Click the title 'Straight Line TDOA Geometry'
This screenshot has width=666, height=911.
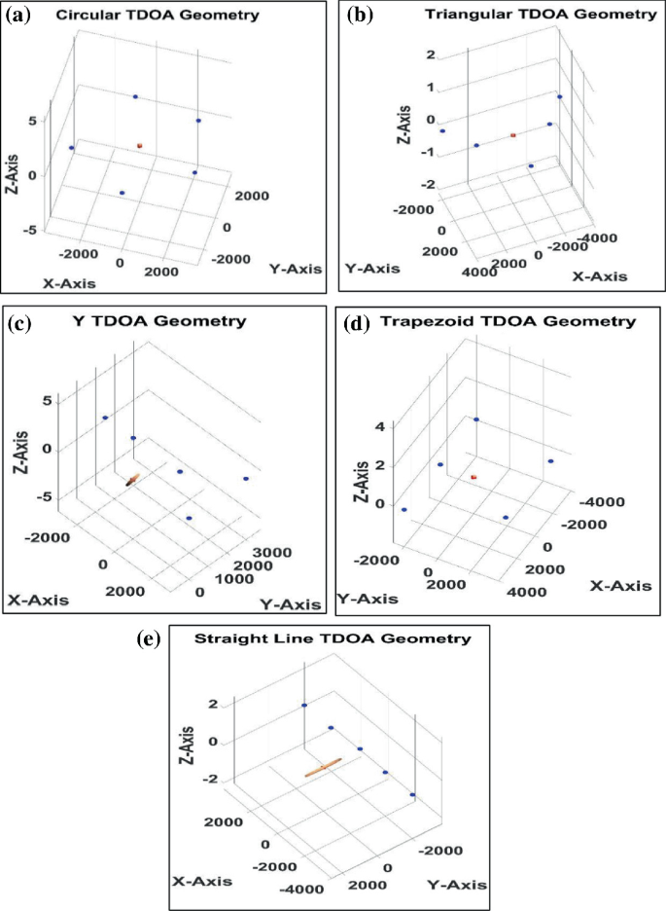[333, 638]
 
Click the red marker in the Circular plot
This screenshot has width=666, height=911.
[140, 146]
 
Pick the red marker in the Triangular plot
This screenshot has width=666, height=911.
[512, 135]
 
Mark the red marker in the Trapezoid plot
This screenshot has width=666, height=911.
[473, 477]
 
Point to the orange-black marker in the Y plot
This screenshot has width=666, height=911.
[131, 479]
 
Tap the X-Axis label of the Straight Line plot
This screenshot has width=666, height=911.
[203, 881]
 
